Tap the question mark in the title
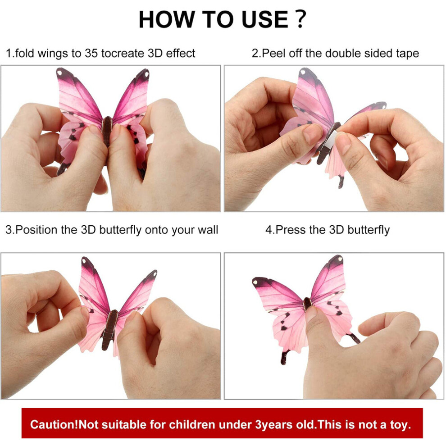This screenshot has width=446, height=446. click(300, 19)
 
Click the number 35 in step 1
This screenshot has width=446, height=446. click(91, 53)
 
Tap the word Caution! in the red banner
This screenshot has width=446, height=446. click(54, 425)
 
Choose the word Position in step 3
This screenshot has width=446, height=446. click(36, 230)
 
